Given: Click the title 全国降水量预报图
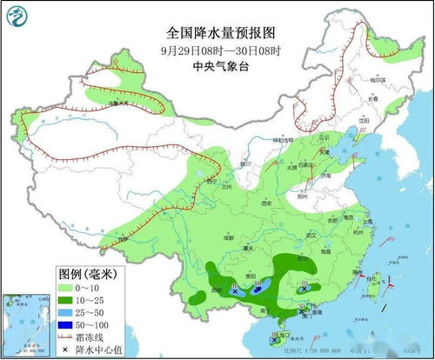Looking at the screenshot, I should [x=220, y=32].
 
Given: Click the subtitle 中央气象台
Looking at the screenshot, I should [x=220, y=63].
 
